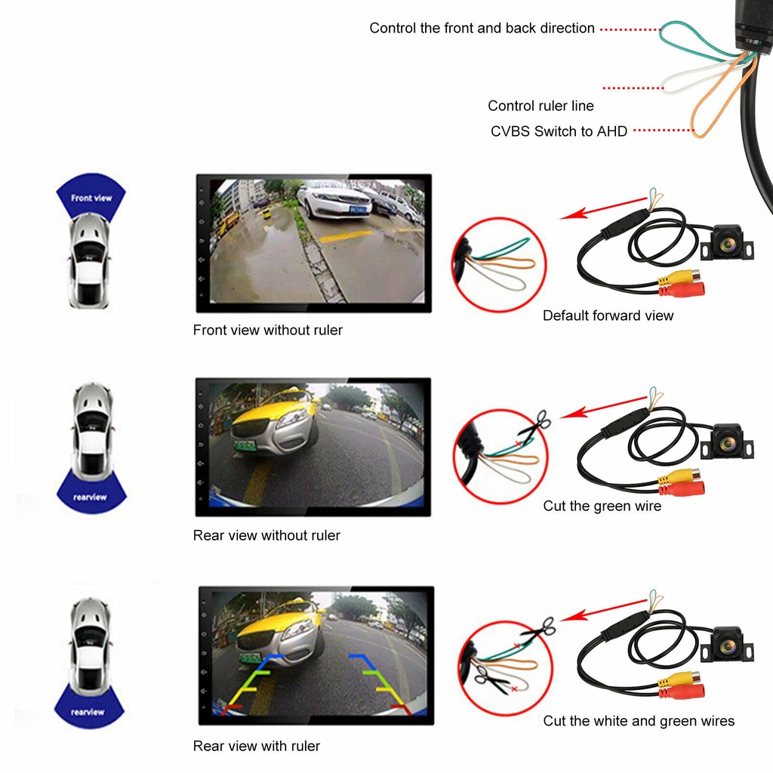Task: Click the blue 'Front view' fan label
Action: coord(91,199)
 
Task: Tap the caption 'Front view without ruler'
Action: coord(267,330)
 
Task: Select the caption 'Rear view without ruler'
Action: coord(266,535)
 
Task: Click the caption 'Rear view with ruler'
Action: coord(257,746)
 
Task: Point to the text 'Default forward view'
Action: coord(608,316)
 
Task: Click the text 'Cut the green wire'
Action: coord(602,506)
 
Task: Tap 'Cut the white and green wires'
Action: coord(639,721)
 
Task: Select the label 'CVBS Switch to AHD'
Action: coord(559,131)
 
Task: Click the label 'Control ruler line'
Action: coord(540,106)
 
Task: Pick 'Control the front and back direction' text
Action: coord(482,28)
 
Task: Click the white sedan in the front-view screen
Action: coord(333,200)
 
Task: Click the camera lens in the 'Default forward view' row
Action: coord(728,244)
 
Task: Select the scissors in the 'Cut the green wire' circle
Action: coord(533,423)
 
